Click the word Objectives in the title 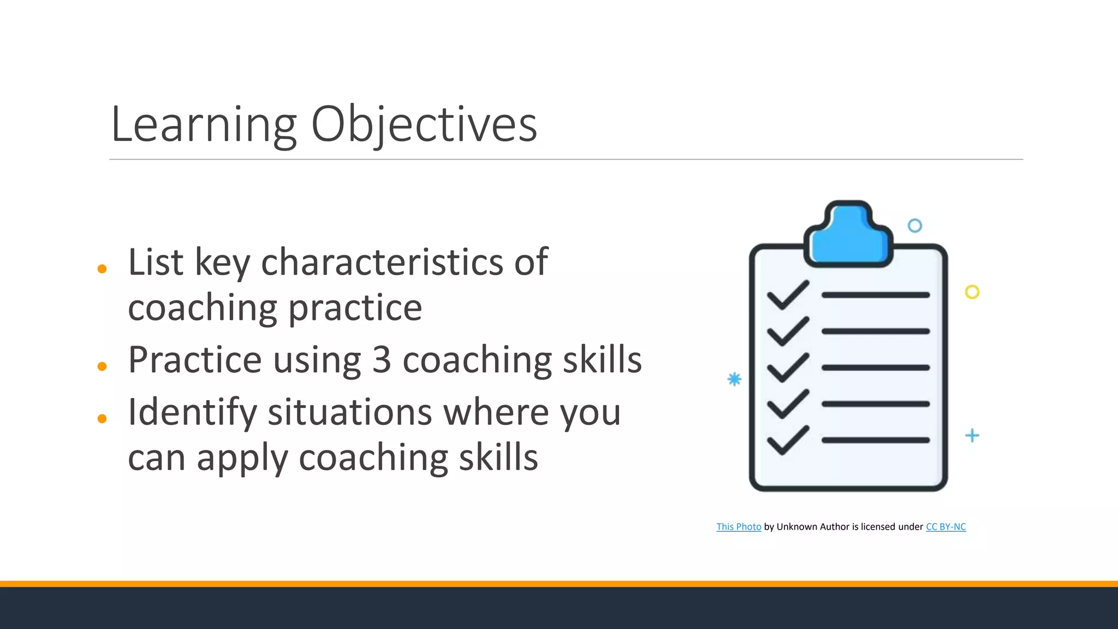point(424,126)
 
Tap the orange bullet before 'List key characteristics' point(102,269)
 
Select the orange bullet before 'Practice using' point(102,366)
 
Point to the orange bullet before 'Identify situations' point(102,419)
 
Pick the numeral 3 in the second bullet point(382,360)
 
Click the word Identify point(192,413)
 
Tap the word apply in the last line point(242,459)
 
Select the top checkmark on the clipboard point(788,295)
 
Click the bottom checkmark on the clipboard point(788,440)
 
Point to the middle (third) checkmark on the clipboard point(788,367)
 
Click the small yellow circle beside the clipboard point(972,292)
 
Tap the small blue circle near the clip point(915,226)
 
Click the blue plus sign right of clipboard point(972,436)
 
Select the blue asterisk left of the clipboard point(735,379)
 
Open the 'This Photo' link point(739,527)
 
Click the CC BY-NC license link point(945,527)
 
